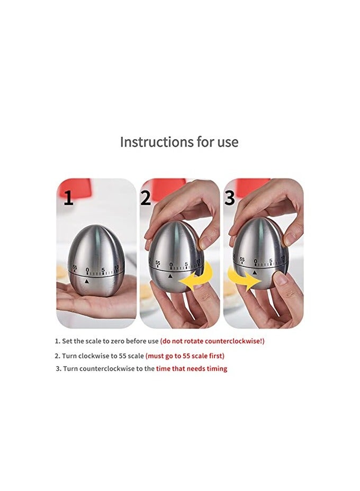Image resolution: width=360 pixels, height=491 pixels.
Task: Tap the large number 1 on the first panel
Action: [68, 199]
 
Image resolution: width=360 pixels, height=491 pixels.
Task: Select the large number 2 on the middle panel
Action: [146, 198]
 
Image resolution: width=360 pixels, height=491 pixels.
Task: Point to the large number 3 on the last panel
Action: [229, 198]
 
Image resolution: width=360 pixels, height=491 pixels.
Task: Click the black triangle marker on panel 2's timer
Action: [170, 276]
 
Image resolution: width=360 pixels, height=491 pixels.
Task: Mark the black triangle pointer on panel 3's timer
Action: [255, 272]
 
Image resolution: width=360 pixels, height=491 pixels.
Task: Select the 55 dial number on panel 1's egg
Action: [75, 267]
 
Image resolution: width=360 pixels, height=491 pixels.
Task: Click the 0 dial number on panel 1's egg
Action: [87, 270]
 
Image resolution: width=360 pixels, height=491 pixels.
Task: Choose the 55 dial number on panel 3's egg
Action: [242, 260]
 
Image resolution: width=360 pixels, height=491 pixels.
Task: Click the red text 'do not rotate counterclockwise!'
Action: [212, 341]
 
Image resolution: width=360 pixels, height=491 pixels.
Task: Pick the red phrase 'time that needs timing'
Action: [191, 369]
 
